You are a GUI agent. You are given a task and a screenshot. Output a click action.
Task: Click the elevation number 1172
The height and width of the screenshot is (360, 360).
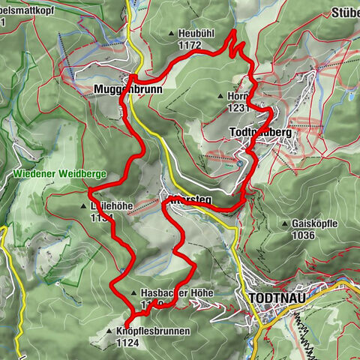(190, 45)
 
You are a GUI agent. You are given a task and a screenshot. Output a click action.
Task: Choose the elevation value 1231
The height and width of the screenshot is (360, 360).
(238, 108)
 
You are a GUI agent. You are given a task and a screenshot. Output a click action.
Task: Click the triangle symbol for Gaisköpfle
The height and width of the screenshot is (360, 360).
(286, 223)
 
